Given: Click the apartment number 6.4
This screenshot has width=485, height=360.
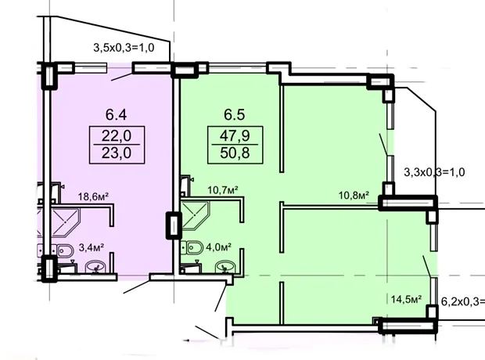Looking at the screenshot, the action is tap(116, 114).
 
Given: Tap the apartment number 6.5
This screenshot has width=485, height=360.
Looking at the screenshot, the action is tap(235, 114).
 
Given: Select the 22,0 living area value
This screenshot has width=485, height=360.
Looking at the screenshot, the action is tap(117, 135).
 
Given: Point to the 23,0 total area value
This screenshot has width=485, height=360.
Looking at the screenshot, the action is tap(117, 153).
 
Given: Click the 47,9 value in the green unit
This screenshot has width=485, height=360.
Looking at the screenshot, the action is tap(235, 135).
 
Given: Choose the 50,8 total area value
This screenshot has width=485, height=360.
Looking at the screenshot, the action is tap(235, 153).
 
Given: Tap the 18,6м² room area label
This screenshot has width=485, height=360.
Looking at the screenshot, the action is tap(93, 196).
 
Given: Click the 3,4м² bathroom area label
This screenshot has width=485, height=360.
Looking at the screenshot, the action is tap(92, 247).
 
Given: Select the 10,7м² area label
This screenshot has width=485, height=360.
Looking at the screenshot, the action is tap(223, 189).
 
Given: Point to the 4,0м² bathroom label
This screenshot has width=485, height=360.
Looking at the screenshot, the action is tap(219, 247).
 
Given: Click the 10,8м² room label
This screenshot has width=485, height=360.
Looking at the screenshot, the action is tap(354, 196).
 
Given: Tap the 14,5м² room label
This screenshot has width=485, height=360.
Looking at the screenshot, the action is tap(407, 299).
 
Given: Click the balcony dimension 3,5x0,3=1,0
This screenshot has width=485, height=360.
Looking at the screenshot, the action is tap(124, 48).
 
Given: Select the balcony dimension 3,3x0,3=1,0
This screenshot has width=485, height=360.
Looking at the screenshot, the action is tap(434, 172).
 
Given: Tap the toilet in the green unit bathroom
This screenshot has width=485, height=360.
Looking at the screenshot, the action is tap(192, 247).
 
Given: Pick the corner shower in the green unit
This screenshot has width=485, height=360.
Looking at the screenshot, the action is tap(195, 215).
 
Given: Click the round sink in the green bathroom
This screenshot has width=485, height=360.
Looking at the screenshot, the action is tap(225, 267).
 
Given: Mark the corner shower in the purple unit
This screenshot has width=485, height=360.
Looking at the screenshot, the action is tap(65, 223).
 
